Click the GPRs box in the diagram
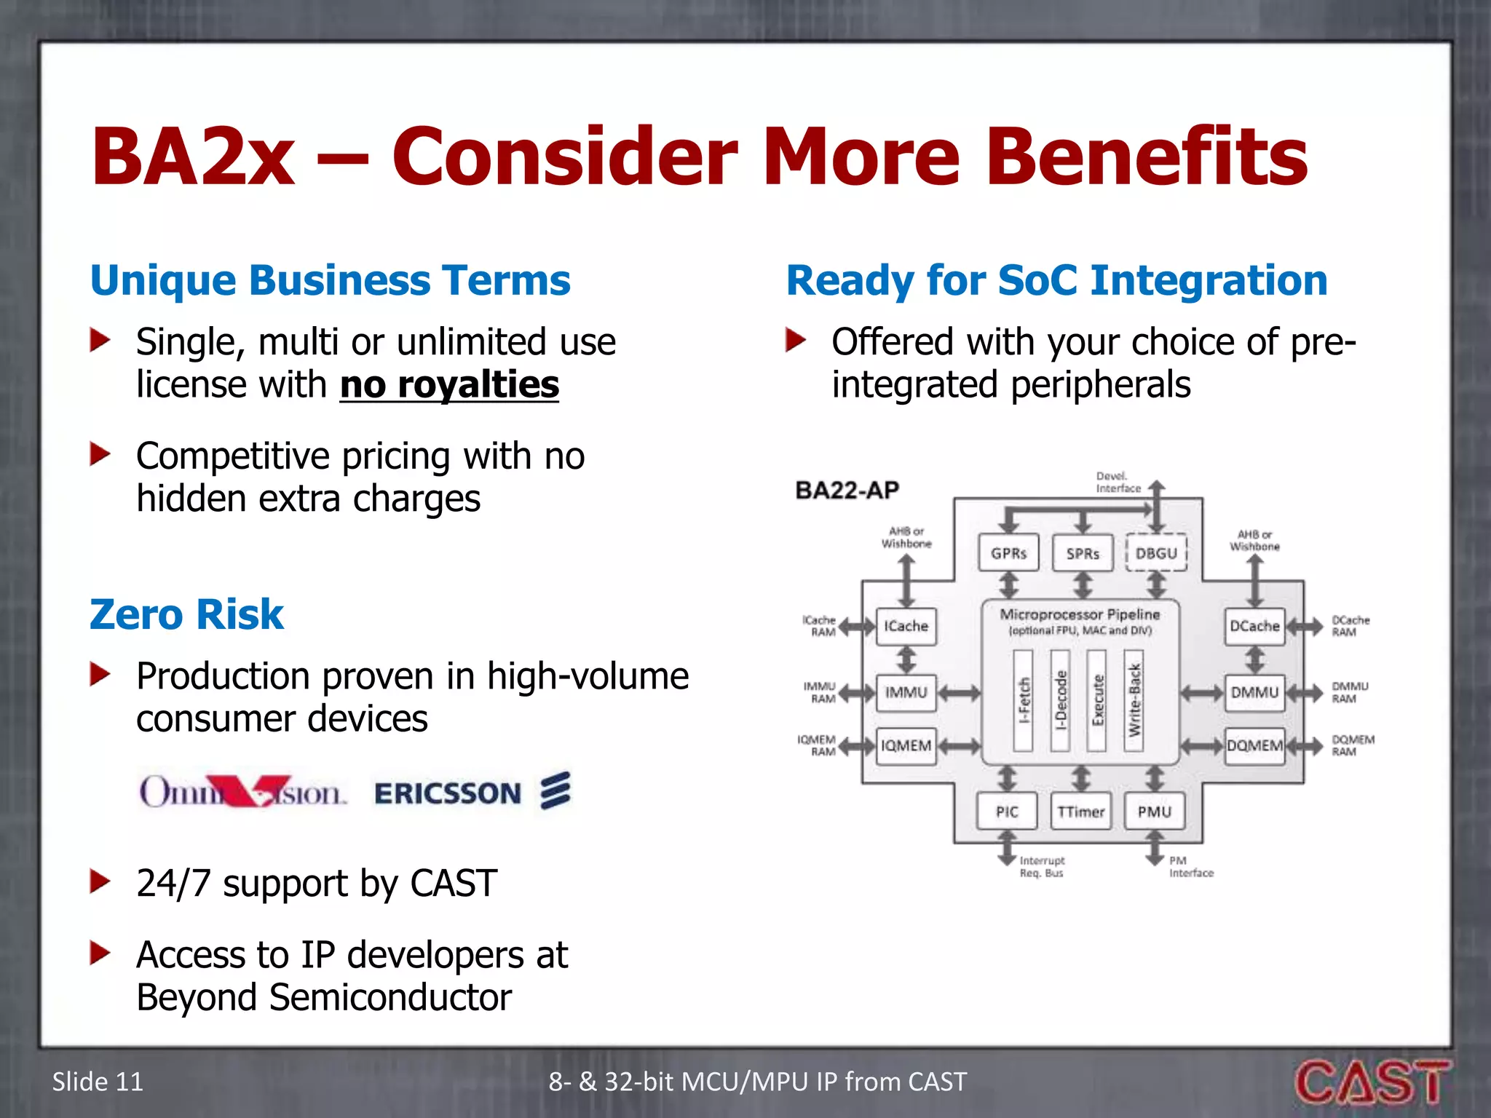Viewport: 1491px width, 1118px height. (1008, 553)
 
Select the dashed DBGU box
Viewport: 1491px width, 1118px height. (1156, 553)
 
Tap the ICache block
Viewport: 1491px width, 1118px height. (906, 626)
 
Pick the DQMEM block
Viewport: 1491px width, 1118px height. (1254, 745)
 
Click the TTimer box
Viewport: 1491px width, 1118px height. (1081, 812)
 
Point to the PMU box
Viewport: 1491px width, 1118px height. (1155, 812)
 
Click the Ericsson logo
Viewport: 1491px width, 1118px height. (472, 792)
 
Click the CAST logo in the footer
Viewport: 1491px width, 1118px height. (1372, 1082)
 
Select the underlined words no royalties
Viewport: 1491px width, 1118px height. (449, 384)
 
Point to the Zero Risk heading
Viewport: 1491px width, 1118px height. (186, 614)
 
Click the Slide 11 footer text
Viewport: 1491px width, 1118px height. (98, 1082)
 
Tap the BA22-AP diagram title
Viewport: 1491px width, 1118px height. (847, 490)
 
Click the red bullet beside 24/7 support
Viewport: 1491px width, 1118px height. (100, 881)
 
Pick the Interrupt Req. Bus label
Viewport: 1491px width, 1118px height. (1042, 866)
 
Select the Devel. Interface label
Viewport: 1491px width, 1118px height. (1118, 483)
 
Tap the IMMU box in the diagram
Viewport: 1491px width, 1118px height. (906, 692)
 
